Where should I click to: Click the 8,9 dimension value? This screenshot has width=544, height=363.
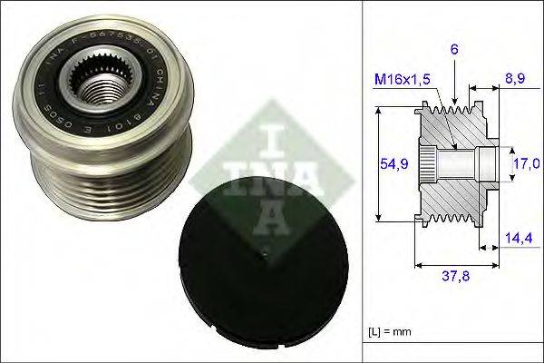click(x=515, y=80)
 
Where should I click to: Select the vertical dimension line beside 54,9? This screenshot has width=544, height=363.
click(x=378, y=164)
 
